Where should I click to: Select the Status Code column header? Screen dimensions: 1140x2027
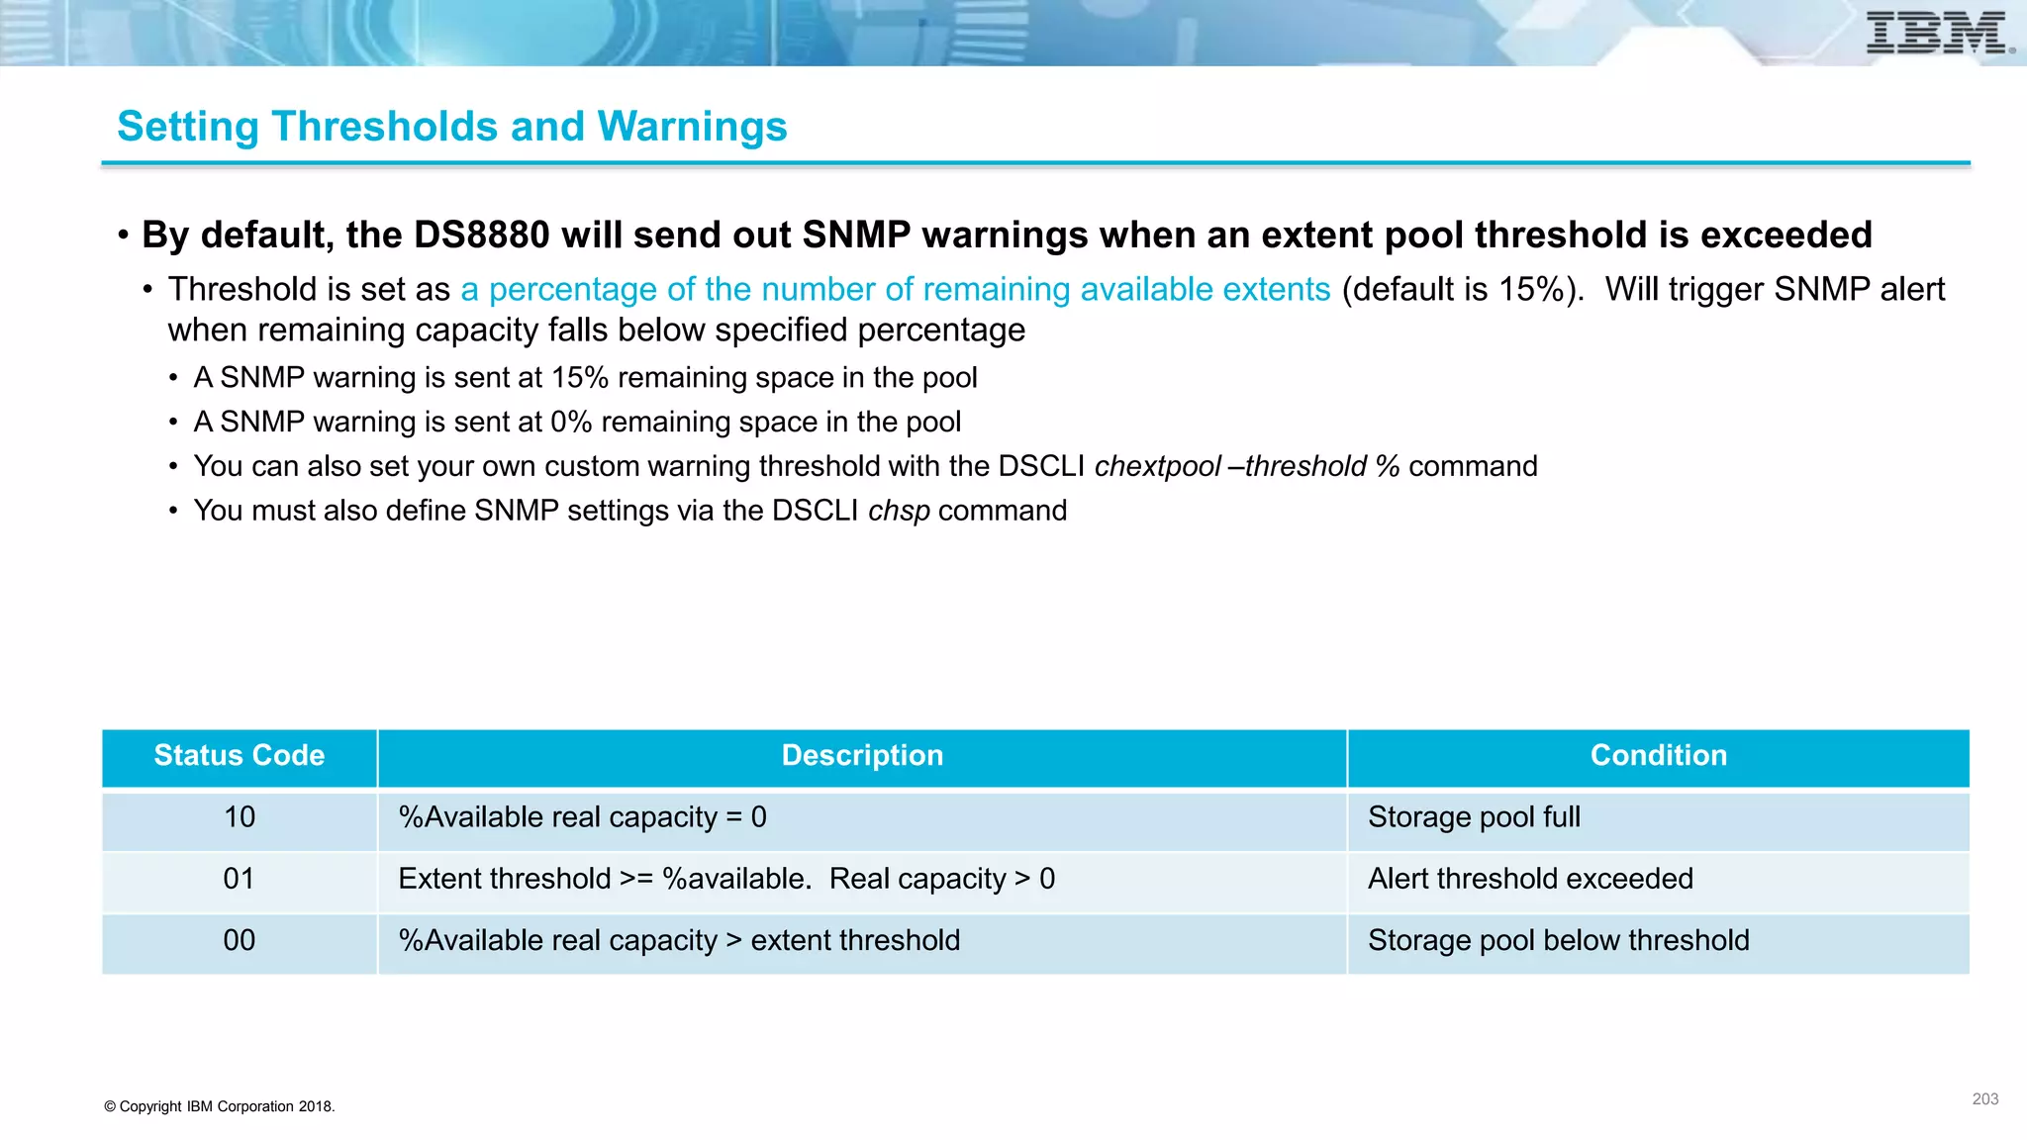coord(239,756)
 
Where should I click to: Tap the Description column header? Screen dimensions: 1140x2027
coord(862,756)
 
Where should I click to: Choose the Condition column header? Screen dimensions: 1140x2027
coord(1658,756)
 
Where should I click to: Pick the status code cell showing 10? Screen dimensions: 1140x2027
coord(239,817)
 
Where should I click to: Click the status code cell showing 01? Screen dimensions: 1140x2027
coord(239,879)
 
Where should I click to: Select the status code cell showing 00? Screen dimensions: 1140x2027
coord(239,940)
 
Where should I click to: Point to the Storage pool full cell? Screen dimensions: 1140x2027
coord(1474,817)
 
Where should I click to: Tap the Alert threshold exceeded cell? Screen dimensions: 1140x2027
coord(1530,879)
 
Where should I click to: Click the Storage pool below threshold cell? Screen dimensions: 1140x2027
coord(1558,940)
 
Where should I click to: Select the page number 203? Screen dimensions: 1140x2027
coord(1984,1099)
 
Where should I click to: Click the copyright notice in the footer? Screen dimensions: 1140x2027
coord(220,1106)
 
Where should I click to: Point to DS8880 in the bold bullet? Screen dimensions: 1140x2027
coord(481,236)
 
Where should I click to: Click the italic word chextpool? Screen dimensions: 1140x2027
coord(1157,466)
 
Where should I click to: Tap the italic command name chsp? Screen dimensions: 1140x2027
coord(899,511)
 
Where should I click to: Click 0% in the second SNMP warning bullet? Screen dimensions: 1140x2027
coord(571,423)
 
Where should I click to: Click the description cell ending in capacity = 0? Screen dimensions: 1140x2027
coord(582,817)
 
